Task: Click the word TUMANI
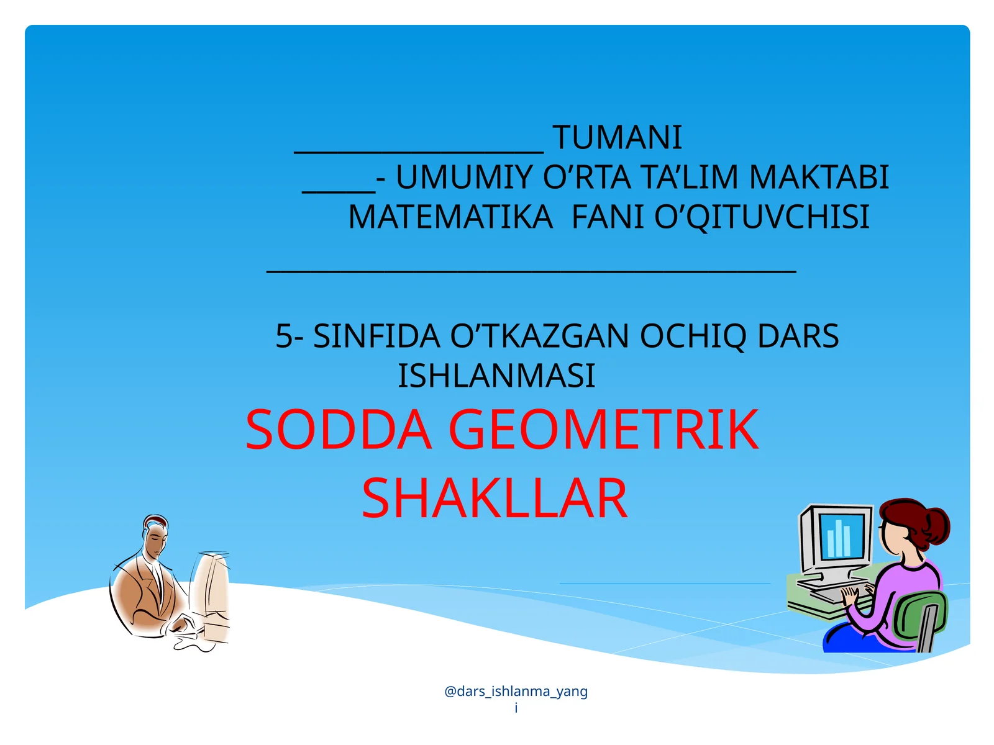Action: click(x=617, y=138)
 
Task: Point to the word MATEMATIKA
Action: click(x=450, y=217)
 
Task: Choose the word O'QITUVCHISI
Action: click(x=762, y=217)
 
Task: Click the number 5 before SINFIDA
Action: click(x=284, y=336)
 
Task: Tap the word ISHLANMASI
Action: click(x=496, y=376)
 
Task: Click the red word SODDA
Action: click(x=339, y=430)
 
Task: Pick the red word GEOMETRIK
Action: click(x=603, y=430)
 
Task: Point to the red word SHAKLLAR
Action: click(x=495, y=499)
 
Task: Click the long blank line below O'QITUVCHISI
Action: click(x=531, y=271)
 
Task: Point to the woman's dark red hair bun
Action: click(x=936, y=525)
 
